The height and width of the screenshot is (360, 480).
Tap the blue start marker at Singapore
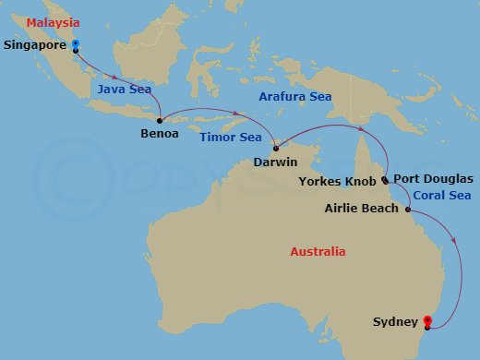click(x=75, y=43)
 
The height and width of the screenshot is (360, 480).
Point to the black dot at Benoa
click(x=161, y=120)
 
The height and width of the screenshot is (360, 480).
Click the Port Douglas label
click(x=433, y=178)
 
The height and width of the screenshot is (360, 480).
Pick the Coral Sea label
click(x=441, y=195)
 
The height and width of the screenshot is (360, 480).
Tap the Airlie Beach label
click(x=362, y=209)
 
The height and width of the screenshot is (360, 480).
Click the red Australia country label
click(x=318, y=251)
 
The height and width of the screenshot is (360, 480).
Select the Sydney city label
click(x=395, y=322)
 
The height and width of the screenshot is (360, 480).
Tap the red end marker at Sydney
click(x=426, y=320)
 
